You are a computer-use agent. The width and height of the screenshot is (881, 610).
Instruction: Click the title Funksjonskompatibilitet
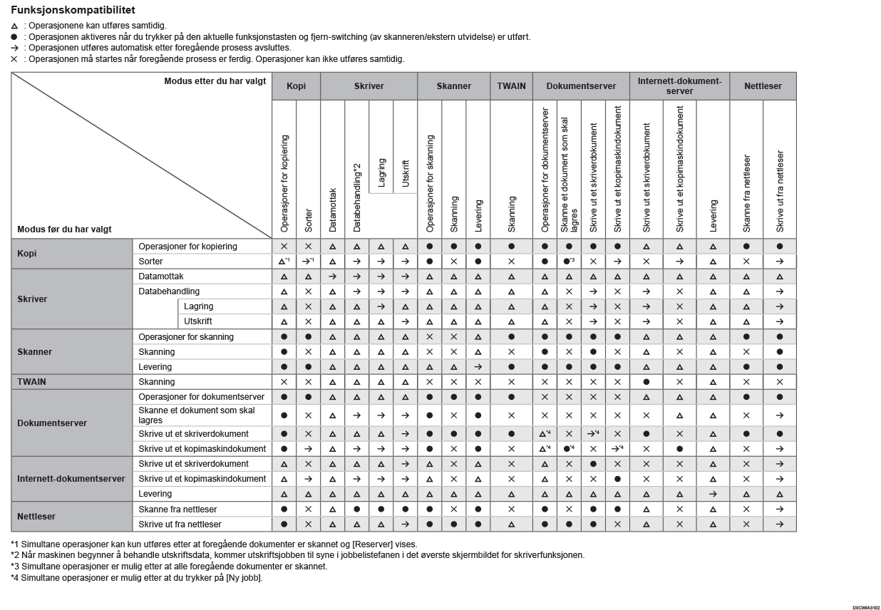click(x=73, y=11)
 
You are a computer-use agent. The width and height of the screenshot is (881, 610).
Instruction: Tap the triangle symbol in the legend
click(x=14, y=26)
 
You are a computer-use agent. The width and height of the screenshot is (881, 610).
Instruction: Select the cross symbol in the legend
click(x=14, y=59)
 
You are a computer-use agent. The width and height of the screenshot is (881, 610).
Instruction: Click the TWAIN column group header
click(x=511, y=86)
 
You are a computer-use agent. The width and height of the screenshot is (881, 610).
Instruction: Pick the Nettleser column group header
click(x=763, y=86)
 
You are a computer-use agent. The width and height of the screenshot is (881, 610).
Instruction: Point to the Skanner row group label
click(x=35, y=352)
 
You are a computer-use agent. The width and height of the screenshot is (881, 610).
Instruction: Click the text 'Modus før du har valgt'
click(x=65, y=229)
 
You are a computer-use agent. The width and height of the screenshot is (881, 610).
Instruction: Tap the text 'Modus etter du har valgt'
click(x=215, y=81)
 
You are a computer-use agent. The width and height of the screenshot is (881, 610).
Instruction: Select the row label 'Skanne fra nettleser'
click(x=177, y=510)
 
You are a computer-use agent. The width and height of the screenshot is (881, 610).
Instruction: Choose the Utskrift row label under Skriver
click(x=198, y=321)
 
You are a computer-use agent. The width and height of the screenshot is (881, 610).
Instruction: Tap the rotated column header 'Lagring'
click(x=381, y=172)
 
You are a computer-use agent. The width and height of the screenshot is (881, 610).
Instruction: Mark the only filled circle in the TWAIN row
click(x=646, y=382)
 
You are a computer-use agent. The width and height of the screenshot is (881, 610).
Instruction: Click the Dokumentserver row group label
click(x=52, y=423)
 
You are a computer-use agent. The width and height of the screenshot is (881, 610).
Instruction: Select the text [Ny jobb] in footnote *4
click(x=243, y=577)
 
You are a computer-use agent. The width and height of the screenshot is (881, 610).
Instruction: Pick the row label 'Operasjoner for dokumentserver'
click(x=201, y=397)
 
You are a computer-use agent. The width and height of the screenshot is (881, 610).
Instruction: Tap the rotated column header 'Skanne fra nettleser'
click(x=746, y=192)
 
